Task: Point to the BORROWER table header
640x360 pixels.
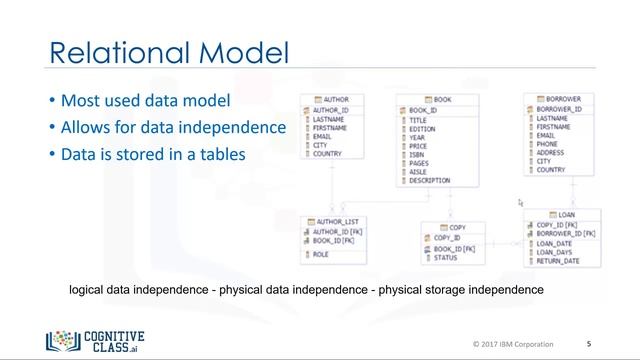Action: coord(563,100)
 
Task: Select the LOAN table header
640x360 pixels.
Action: coord(565,214)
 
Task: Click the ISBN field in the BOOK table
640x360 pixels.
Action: coord(418,155)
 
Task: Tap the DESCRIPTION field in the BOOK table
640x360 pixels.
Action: coord(430,181)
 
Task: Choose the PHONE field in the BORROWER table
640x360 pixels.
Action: coord(548,144)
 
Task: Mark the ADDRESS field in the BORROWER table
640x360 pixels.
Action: coord(552,153)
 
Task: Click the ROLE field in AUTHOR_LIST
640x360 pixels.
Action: coord(322,254)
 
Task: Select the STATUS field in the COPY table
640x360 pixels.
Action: coord(445,258)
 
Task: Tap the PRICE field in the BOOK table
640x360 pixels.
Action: coord(419,146)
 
